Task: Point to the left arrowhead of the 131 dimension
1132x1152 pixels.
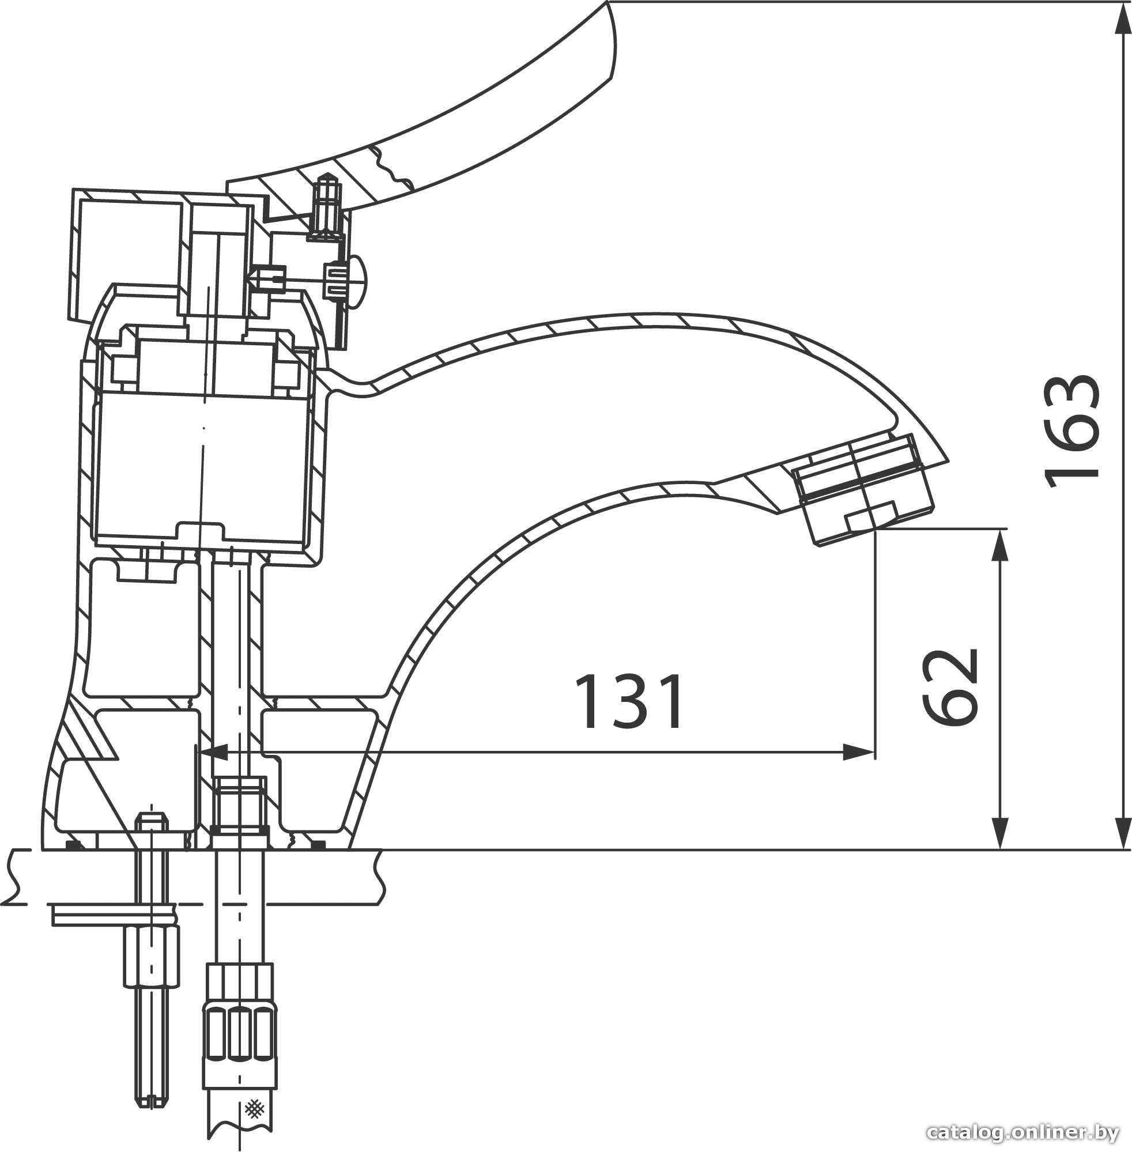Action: (x=214, y=754)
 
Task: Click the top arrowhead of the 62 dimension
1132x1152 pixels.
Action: (x=1002, y=545)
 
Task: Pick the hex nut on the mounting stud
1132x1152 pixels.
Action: (x=152, y=956)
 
